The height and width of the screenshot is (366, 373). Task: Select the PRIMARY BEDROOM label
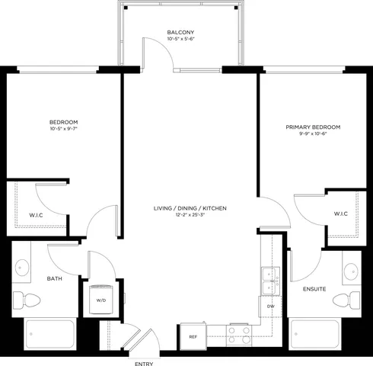pyautogui.click(x=313, y=127)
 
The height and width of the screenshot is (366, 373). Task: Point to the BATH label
pyautogui.click(x=55, y=278)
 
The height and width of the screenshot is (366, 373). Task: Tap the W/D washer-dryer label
pyautogui.click(x=101, y=300)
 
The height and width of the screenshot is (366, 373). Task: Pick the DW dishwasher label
pyautogui.click(x=270, y=307)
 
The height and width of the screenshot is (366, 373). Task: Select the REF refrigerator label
pyautogui.click(x=193, y=335)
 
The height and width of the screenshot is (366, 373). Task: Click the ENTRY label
pyautogui.click(x=143, y=363)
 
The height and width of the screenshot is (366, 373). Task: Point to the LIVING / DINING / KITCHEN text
pyautogui.click(x=190, y=208)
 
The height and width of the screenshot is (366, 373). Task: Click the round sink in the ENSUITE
pyautogui.click(x=349, y=269)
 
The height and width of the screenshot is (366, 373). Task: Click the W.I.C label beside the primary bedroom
pyautogui.click(x=340, y=213)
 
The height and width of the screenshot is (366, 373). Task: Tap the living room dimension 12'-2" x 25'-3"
pyautogui.click(x=190, y=216)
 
